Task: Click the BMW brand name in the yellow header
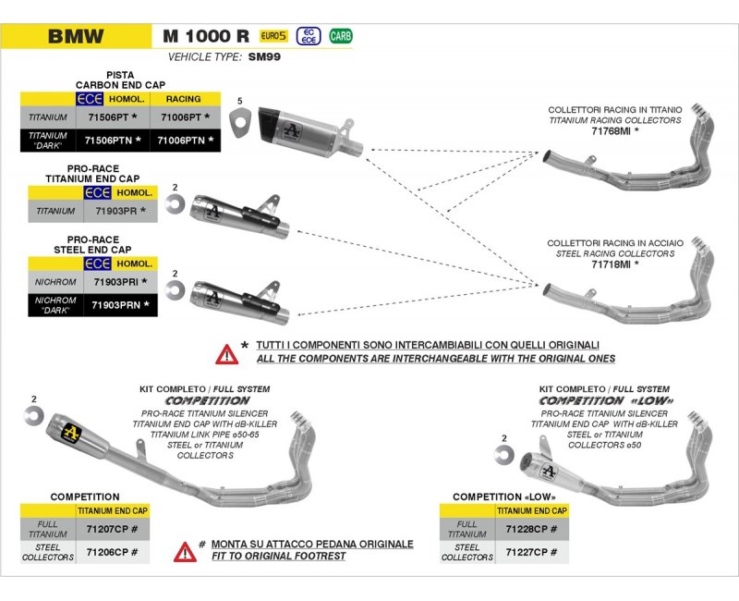tap(76, 37)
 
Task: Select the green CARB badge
tap(341, 36)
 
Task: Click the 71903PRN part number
tap(118, 303)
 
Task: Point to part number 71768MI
tap(614, 131)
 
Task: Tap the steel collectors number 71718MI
tap(614, 264)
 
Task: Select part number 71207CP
tap(112, 530)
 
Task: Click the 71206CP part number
tap(112, 552)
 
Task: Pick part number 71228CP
tap(530, 530)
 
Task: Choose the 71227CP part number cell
tap(530, 552)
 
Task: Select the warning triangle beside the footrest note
tap(184, 552)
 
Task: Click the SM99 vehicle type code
tap(264, 56)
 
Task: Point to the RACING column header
tap(183, 98)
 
